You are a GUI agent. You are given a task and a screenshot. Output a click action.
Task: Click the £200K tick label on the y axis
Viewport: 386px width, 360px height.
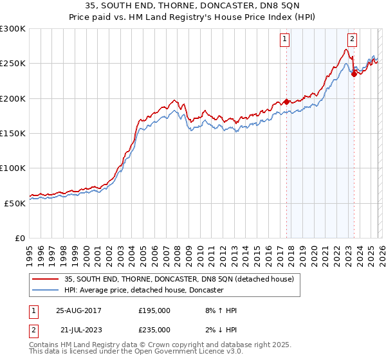coord(12,98)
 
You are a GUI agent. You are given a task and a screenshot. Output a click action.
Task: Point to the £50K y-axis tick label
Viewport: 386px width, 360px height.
coord(14,203)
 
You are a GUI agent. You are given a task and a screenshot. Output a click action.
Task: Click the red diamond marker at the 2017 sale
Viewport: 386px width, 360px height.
coord(286,102)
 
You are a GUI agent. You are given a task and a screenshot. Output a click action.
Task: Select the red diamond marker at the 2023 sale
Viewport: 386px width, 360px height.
coord(353,74)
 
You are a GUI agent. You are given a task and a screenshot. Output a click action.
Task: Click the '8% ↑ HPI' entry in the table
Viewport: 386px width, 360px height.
coord(219,310)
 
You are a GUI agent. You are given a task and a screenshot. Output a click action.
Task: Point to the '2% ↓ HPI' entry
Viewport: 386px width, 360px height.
coord(219,329)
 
